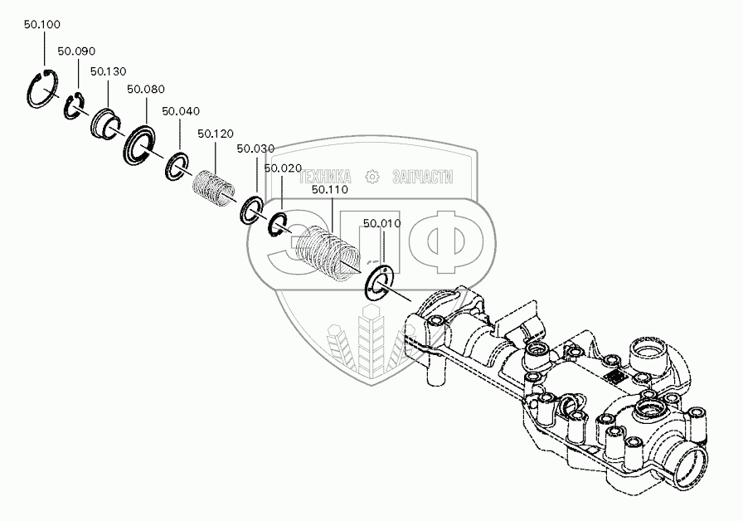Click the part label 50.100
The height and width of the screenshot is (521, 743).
41,25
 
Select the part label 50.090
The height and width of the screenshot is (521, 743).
76,51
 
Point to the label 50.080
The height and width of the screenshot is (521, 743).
146,90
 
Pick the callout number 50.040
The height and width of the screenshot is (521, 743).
180,111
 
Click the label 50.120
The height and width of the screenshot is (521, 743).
216,134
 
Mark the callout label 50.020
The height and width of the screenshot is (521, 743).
283,168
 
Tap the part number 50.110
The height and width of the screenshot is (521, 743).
330,190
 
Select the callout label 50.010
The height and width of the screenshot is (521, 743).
382,223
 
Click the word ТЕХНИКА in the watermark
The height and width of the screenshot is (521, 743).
325,176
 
